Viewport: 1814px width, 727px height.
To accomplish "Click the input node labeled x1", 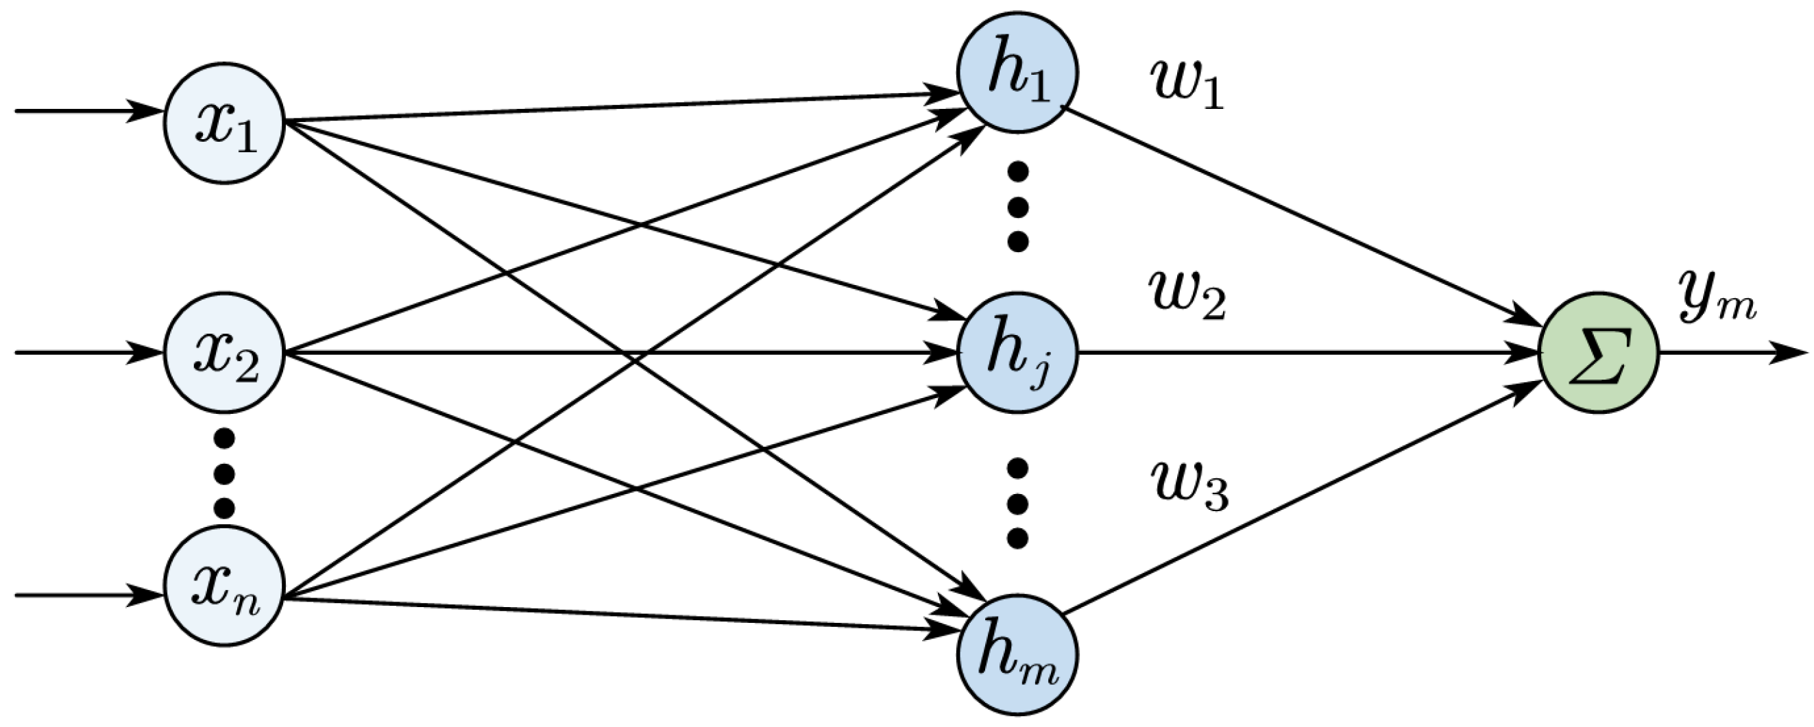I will [224, 123].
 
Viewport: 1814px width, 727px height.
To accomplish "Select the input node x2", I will [224, 352].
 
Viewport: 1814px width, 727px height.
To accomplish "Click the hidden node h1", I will [1017, 72].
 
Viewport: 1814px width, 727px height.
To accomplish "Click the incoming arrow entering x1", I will [84, 111].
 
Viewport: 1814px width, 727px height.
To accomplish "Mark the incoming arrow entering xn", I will [84, 595].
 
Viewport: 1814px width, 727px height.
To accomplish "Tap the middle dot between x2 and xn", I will [224, 473].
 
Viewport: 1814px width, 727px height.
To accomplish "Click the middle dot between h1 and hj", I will [1017, 206].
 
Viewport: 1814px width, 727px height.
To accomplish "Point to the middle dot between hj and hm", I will [1017, 503].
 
